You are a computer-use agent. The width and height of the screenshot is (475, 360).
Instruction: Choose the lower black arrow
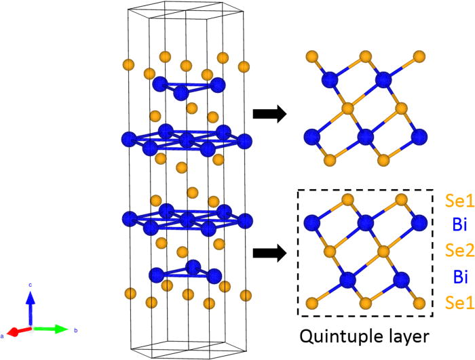pyautogui.click(x=268, y=254)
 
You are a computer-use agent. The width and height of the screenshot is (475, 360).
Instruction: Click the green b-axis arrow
pyautogui.click(x=53, y=329)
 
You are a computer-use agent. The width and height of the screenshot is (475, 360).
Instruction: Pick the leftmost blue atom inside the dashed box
pyautogui.click(x=313, y=222)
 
